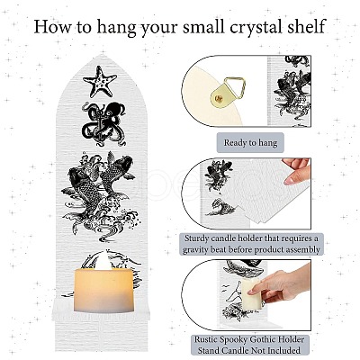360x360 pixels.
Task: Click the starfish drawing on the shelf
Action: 100,81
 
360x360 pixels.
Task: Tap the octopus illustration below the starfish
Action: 104,123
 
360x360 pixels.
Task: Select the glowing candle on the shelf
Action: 103,287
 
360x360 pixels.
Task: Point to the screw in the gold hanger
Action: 220,98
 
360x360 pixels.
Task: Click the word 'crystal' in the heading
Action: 258,27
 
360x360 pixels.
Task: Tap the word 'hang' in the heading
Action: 117,27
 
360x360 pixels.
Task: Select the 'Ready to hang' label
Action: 250,142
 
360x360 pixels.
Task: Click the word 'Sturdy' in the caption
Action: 197,238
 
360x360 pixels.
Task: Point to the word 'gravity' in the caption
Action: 197,249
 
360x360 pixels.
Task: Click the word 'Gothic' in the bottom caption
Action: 264,339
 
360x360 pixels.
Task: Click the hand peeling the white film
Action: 297,170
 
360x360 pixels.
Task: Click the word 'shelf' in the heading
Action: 309,26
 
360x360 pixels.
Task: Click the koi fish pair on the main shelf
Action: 101,181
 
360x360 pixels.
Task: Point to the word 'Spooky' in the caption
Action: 233,339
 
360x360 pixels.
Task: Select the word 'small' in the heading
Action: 203,26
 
